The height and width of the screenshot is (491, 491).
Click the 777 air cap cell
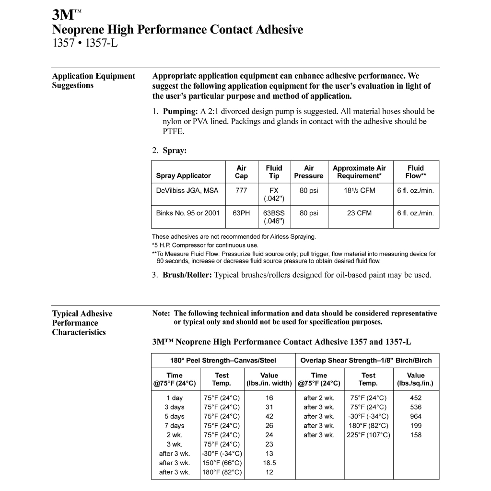[241, 190]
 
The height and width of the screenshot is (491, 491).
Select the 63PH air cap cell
[242, 213]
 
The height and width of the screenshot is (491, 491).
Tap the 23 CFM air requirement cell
[359, 213]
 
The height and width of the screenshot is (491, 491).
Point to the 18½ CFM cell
[359, 190]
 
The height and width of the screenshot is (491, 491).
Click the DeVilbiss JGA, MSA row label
[187, 190]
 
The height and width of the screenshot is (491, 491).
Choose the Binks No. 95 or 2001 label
[188, 213]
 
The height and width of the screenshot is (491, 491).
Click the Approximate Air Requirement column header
[359, 172]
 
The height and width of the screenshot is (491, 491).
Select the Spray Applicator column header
[183, 175]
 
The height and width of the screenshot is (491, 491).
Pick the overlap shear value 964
[416, 416]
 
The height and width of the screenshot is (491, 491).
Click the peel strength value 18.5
[269, 463]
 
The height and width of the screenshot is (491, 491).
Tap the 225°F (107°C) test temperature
[368, 435]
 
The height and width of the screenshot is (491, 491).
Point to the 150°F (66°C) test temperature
[222, 463]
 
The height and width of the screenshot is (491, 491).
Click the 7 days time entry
[175, 425]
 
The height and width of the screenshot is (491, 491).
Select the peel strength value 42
[269, 416]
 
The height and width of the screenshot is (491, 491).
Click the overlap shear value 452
[416, 397]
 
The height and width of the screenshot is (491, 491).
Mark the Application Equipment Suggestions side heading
[94, 81]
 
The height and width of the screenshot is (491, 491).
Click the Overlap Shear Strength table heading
[366, 360]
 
